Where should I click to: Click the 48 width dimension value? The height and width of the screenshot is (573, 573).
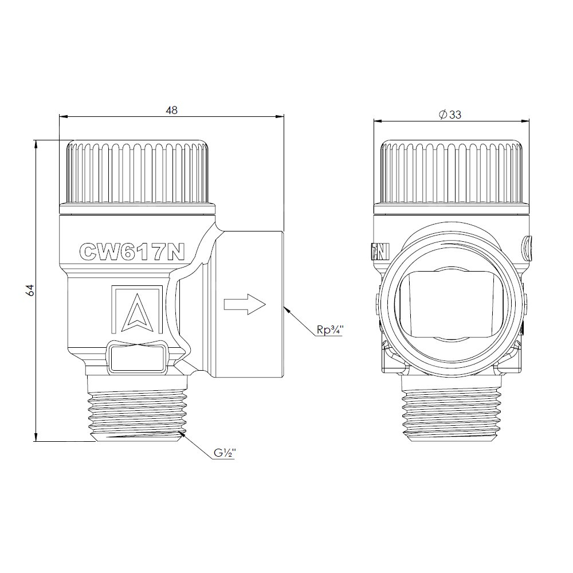pyautogui.click(x=171, y=110)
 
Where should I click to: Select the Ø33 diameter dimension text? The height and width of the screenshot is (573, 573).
pyautogui.click(x=450, y=115)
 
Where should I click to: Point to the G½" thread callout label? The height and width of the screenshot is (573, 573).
pyautogui.click(x=225, y=453)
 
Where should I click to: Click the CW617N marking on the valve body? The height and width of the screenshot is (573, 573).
pyautogui.click(x=132, y=252)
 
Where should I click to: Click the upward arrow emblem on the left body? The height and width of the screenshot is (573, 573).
pyautogui.click(x=136, y=310)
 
